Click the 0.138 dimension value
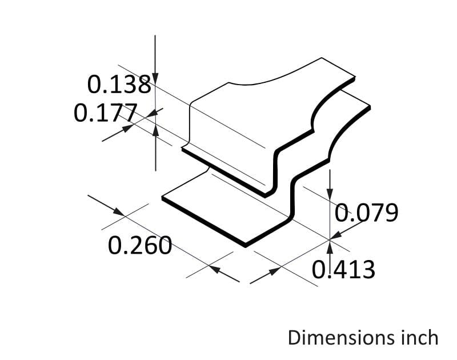pyautogui.click(x=119, y=85)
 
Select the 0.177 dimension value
pyautogui.click(x=106, y=113)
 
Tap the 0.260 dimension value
pyautogui.click(x=140, y=246)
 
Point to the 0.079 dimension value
pyautogui.click(x=366, y=213)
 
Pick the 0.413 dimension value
pyautogui.click(x=344, y=270)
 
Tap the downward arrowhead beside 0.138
pyautogui.click(x=155, y=78)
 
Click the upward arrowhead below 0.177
pyautogui.click(x=156, y=130)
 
